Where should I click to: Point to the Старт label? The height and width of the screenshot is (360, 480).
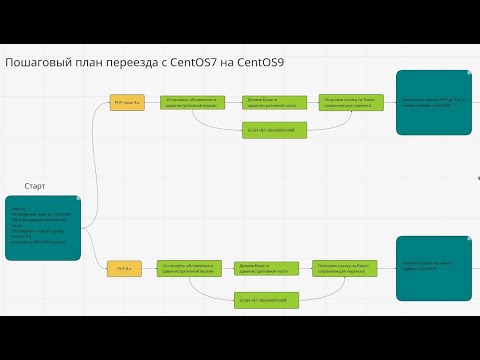(35, 186)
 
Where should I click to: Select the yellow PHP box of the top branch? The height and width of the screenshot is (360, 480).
(127, 104)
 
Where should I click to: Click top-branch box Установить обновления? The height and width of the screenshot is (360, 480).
(190, 104)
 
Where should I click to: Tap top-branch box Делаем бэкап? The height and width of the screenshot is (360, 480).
(268, 104)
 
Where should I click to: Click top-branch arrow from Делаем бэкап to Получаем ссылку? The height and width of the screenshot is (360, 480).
(306, 104)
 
